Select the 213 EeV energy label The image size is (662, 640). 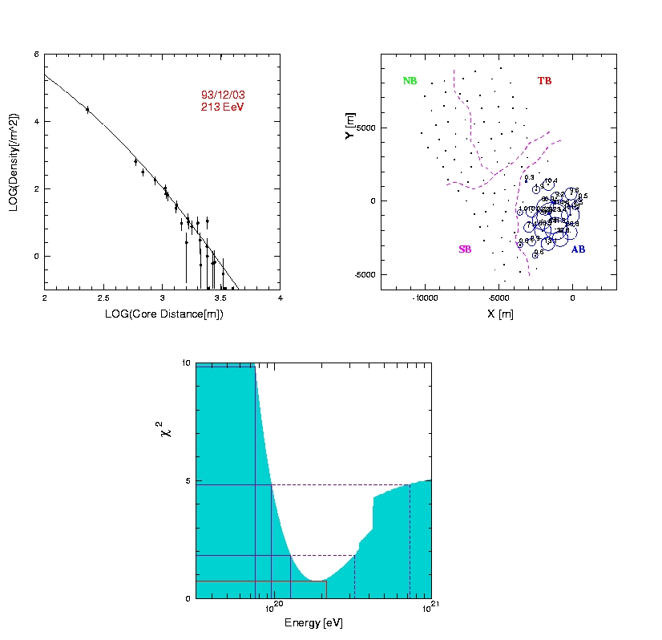[x=222, y=107]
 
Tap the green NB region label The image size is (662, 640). [x=410, y=81]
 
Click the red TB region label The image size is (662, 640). [x=544, y=81]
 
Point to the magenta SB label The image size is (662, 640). [x=465, y=249]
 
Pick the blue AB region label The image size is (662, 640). [x=578, y=249]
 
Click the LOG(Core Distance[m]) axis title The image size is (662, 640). [x=163, y=314]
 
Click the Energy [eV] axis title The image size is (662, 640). [x=313, y=623]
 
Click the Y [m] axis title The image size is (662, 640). [x=349, y=127]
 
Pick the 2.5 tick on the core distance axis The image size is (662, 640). [x=103, y=298]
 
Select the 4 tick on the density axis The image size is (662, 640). [x=36, y=121]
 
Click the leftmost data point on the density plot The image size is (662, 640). [x=87, y=109]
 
